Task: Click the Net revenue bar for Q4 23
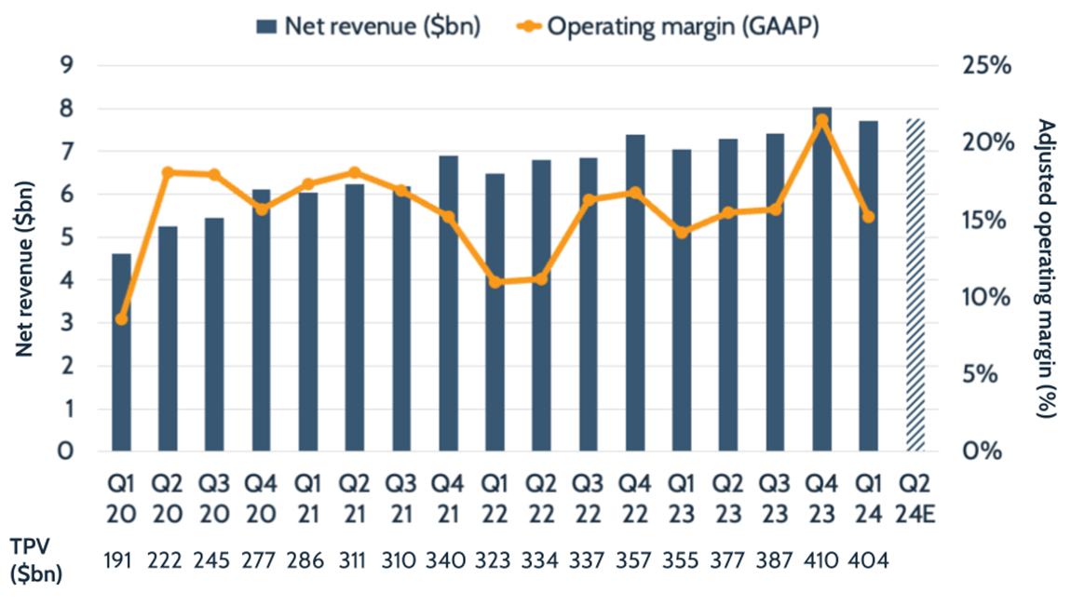pos(821,298)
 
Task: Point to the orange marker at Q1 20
pos(121,319)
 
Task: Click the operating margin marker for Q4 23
pos(821,121)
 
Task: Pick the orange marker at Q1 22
pos(495,281)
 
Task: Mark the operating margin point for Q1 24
pos(868,217)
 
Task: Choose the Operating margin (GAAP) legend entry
pos(666,25)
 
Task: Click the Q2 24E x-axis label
pos(915,497)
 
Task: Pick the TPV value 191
pos(121,561)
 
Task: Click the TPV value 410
pos(821,561)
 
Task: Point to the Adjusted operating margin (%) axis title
pos(1046,270)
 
